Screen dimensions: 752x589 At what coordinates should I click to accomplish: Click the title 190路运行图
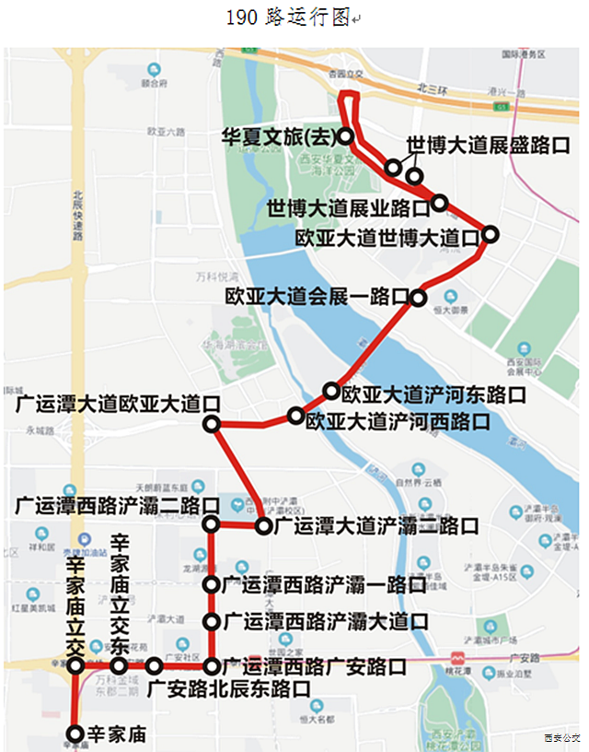point(287,18)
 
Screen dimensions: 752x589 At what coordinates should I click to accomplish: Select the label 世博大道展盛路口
point(488,146)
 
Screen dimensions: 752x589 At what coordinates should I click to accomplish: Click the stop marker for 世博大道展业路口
point(439,203)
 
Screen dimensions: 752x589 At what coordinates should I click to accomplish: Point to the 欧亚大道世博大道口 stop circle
point(491,235)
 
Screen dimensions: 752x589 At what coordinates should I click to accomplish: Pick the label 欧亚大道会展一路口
point(317,297)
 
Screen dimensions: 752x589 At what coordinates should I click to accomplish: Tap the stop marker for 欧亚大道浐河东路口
point(330,392)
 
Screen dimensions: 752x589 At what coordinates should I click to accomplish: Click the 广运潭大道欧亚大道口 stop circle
point(212,425)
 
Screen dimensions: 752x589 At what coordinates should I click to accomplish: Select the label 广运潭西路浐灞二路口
point(117,505)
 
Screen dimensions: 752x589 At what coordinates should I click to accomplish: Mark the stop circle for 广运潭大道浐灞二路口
point(264,527)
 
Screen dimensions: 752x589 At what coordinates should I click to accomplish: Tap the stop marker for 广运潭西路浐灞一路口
point(212,584)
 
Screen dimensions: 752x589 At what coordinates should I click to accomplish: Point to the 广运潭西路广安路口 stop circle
point(212,665)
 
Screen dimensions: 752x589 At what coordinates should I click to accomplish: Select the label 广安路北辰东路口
point(227,687)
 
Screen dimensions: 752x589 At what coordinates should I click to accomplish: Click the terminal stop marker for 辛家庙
point(75,734)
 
